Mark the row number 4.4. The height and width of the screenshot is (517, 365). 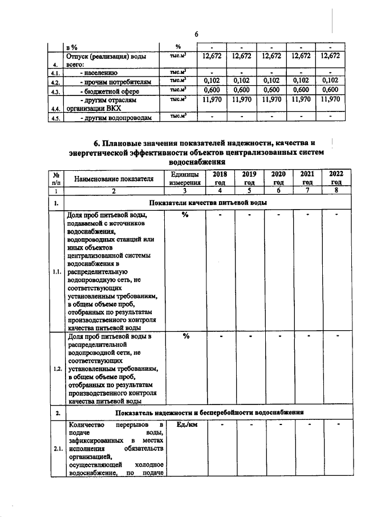[x=55, y=108]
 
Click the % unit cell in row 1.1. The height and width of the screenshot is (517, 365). [x=185, y=215]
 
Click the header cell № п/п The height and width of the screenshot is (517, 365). [x=56, y=178]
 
